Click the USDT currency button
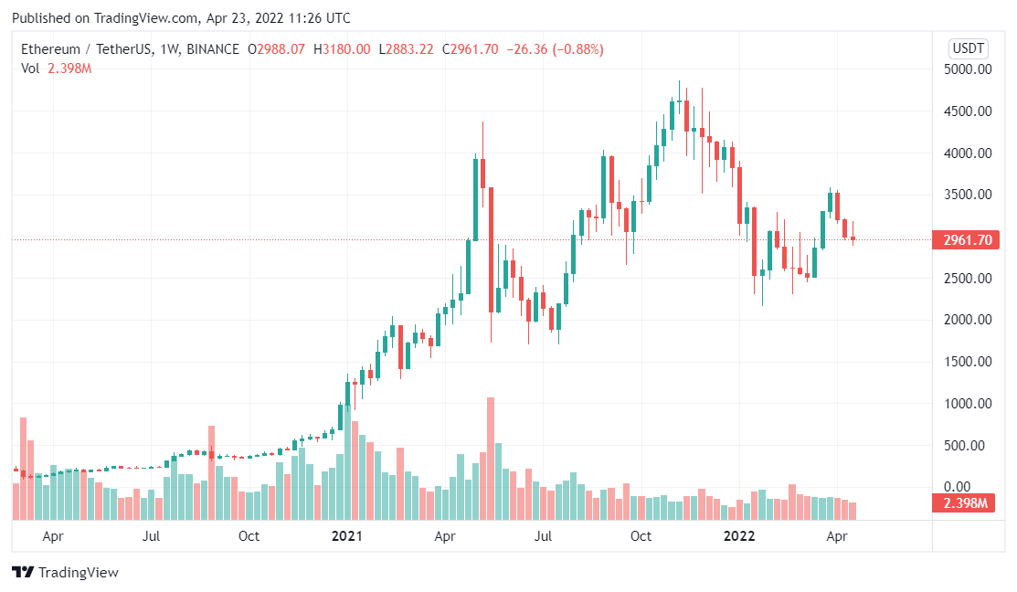point(969,48)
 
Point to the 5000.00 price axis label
point(969,69)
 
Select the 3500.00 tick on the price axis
point(969,195)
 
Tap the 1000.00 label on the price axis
point(969,404)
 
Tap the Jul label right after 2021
point(543,536)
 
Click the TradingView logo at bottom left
point(65,573)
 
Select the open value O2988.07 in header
point(277,49)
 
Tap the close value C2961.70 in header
point(471,49)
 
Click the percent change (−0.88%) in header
point(576,49)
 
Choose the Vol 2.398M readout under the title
point(57,69)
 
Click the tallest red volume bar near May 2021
point(491,457)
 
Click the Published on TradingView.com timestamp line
point(181,18)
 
